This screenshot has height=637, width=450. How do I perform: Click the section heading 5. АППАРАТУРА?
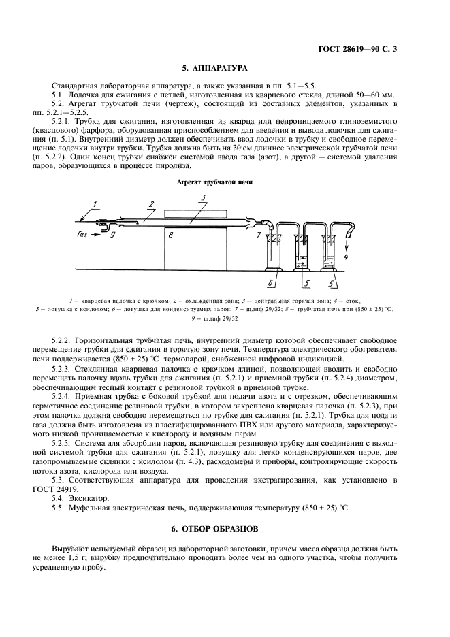coord(214,68)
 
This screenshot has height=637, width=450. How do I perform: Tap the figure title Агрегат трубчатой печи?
coord(214,182)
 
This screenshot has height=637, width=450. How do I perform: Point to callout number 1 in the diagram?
coord(96,204)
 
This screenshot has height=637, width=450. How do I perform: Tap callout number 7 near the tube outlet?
coord(259,236)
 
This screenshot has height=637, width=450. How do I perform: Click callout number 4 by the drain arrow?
coord(347,259)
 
